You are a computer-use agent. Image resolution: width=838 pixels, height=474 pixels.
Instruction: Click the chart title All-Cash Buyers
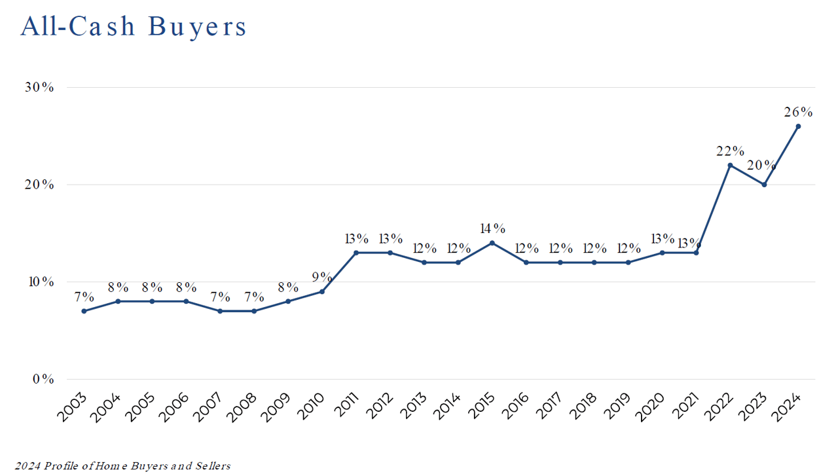pyautogui.click(x=134, y=26)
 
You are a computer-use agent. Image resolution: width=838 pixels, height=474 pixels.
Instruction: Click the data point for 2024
pyautogui.click(x=798, y=126)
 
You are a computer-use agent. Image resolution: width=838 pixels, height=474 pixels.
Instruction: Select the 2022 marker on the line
pyautogui.click(x=730, y=165)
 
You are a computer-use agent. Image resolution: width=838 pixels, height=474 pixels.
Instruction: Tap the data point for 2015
pyautogui.click(x=492, y=243)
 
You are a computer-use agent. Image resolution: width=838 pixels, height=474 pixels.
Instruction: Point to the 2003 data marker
pyautogui.click(x=84, y=311)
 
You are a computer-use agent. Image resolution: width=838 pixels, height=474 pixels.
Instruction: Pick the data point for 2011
pyautogui.click(x=356, y=253)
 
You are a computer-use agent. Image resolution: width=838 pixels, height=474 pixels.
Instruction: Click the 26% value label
pyautogui.click(x=798, y=112)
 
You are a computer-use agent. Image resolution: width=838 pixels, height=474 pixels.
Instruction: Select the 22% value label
pyautogui.click(x=730, y=151)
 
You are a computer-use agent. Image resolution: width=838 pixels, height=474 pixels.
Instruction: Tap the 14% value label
pyautogui.click(x=492, y=228)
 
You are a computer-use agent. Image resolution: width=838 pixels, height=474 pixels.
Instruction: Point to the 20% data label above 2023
pyautogui.click(x=762, y=166)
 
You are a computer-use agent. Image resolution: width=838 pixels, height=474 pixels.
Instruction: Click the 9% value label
pyautogui.click(x=321, y=277)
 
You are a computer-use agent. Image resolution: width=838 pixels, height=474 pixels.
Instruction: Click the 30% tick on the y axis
pyautogui.click(x=40, y=88)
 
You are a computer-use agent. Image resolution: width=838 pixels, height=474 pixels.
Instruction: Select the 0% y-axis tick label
pyautogui.click(x=43, y=379)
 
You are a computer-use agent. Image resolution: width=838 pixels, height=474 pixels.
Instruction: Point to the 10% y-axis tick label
pyautogui.click(x=40, y=282)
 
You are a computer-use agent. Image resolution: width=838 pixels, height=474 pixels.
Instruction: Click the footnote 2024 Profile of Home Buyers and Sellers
pyautogui.click(x=123, y=466)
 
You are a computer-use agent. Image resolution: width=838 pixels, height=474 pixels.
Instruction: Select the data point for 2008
pyautogui.click(x=254, y=311)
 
